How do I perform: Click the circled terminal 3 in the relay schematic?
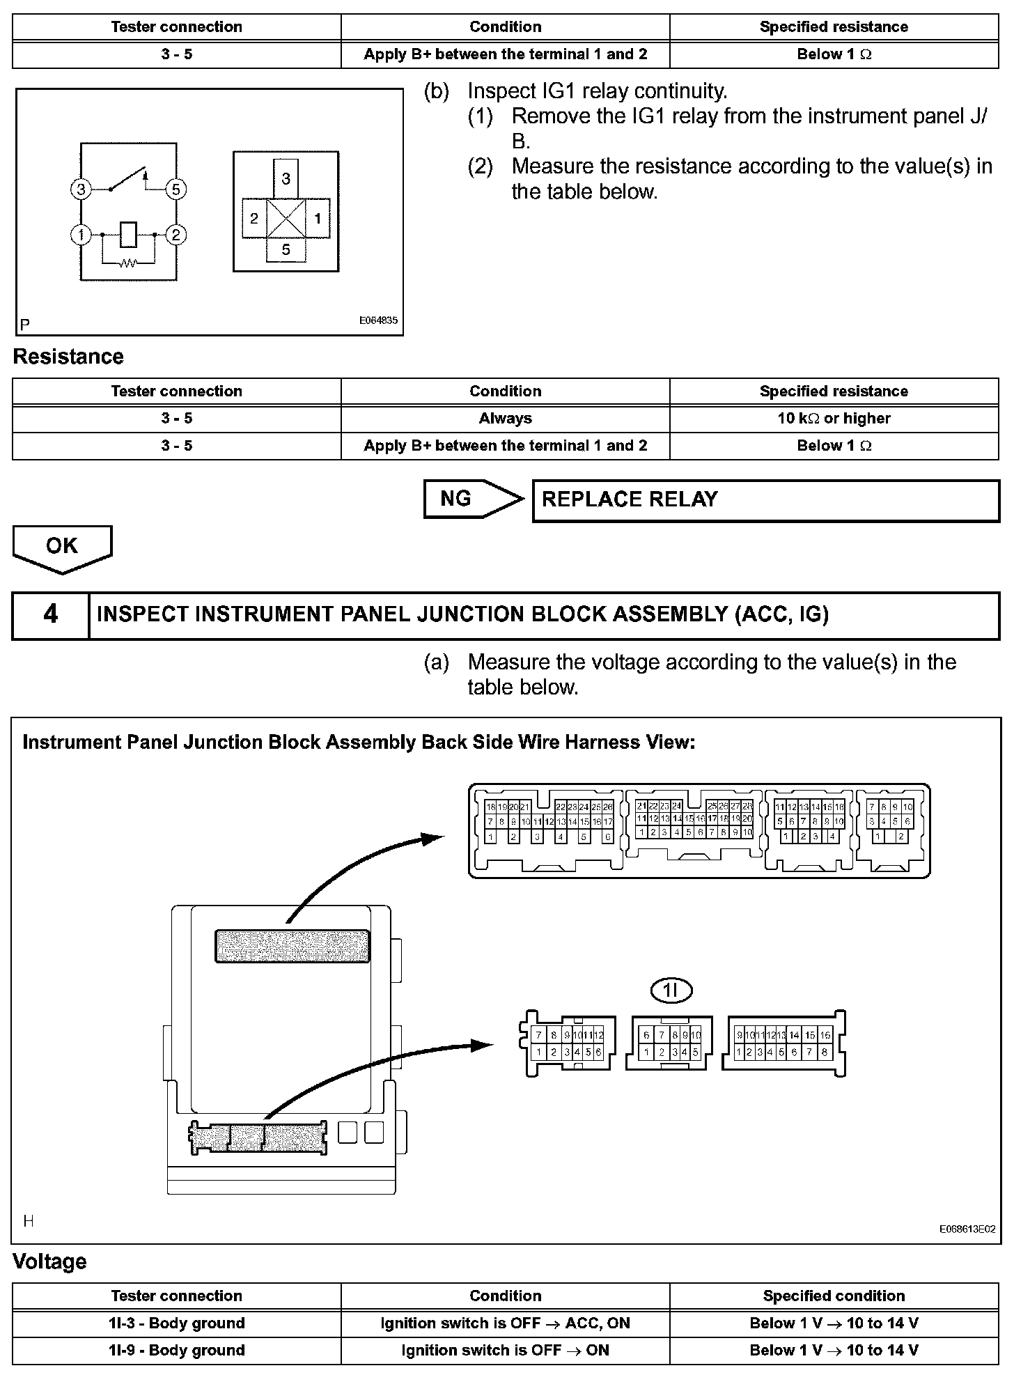point(81,189)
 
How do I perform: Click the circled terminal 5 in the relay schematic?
point(175,189)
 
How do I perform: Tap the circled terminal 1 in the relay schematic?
point(81,235)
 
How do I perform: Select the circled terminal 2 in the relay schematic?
point(175,235)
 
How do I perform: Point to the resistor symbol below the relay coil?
point(128,263)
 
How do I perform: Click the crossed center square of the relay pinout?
point(286,219)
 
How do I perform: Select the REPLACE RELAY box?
point(765,499)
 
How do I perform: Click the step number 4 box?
point(51,614)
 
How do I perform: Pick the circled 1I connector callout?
point(671,990)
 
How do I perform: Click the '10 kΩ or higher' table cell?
point(834,418)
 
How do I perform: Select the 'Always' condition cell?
point(505,418)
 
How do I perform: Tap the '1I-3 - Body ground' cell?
point(176,1323)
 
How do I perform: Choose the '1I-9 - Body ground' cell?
point(176,1350)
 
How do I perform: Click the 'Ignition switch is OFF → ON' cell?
point(505,1350)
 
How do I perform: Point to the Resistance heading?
point(68,357)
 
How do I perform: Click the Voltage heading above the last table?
point(49,1261)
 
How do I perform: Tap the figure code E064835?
point(378,321)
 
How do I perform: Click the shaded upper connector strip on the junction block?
point(292,945)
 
